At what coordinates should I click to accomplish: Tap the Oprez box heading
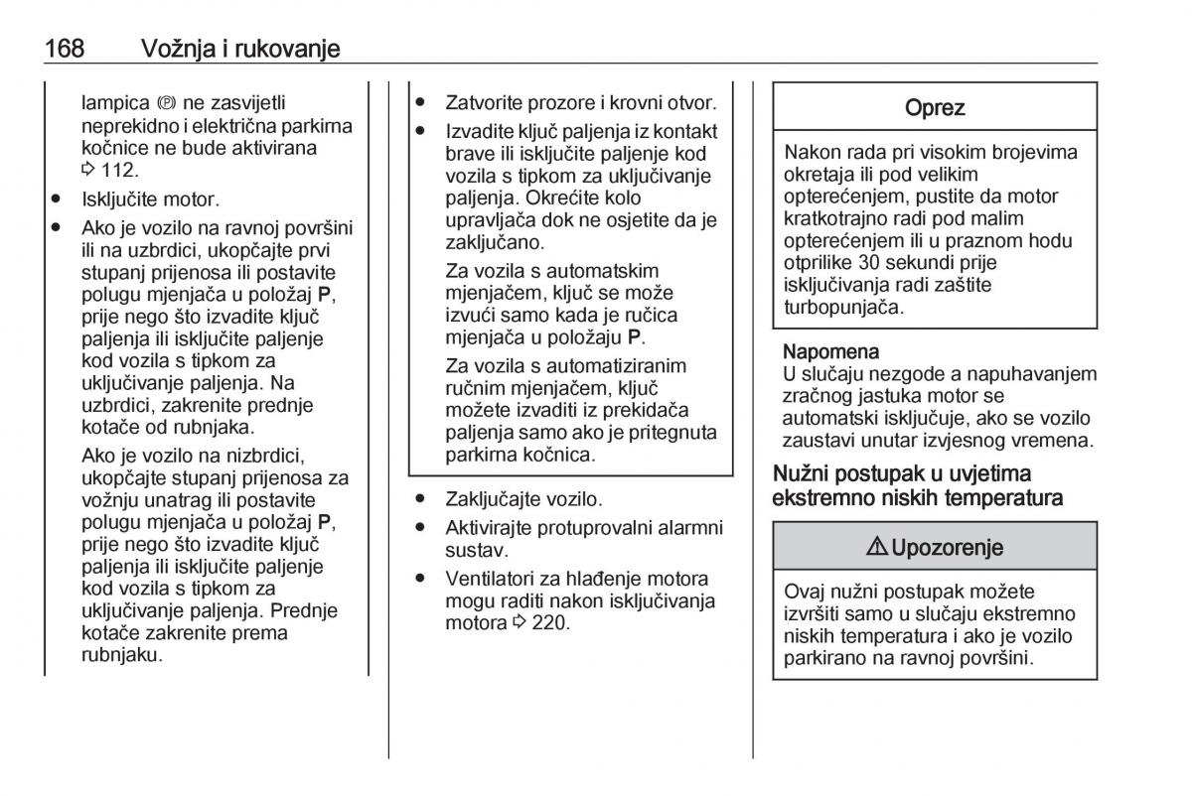pyautogui.click(x=935, y=108)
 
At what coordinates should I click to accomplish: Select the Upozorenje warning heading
pyautogui.click(x=947, y=547)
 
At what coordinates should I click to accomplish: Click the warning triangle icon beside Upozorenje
pyautogui.click(x=879, y=547)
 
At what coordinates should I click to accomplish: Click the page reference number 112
pyautogui.click(x=117, y=170)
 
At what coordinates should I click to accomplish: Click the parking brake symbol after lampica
pyautogui.click(x=165, y=103)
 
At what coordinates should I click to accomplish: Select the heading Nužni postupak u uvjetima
pyautogui.click(x=902, y=473)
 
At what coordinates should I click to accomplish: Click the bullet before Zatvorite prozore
pyautogui.click(x=421, y=102)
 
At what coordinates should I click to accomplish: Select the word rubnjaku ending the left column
pyautogui.click(x=121, y=655)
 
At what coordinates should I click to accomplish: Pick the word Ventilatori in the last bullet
pyautogui.click(x=494, y=578)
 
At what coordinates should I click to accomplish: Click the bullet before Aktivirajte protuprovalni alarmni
pyautogui.click(x=421, y=527)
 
